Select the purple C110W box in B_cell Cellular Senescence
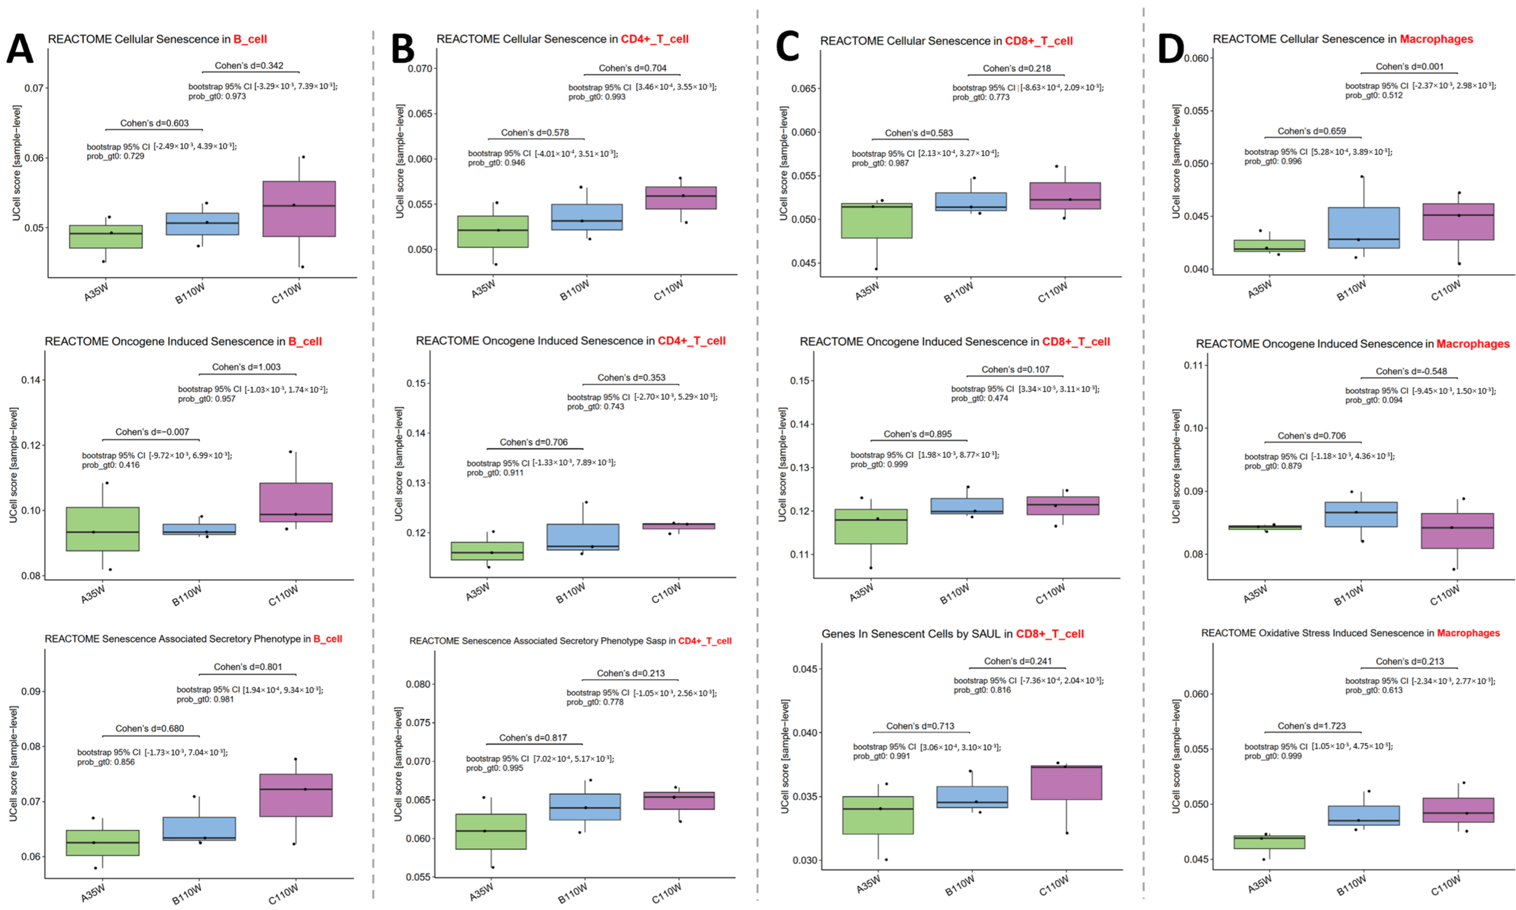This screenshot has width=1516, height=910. coord(299,208)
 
